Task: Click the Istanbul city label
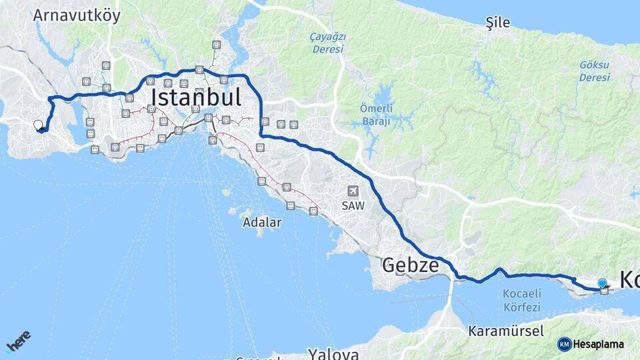tap(195, 98)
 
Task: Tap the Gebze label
tap(410, 266)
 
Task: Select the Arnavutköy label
tap(77, 15)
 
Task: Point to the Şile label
tap(498, 23)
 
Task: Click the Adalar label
tap(262, 222)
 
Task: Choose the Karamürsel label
tap(505, 331)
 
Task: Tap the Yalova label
tap(333, 353)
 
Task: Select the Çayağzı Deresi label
tap(327, 43)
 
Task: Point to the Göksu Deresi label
tap(594, 71)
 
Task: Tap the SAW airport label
tap(353, 206)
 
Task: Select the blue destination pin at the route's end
tap(602, 283)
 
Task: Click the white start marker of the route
tap(38, 124)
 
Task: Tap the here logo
tap(18, 341)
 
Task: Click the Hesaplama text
tap(598, 344)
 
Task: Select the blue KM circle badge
tap(564, 344)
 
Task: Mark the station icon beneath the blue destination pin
tap(604, 291)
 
